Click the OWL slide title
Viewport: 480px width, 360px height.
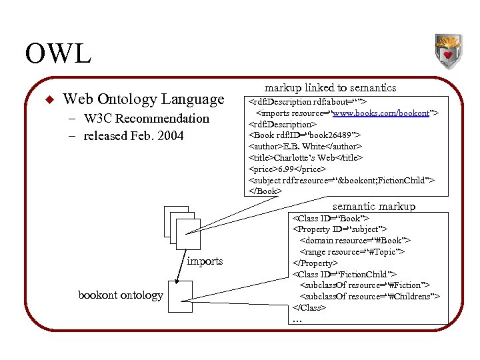click(58, 54)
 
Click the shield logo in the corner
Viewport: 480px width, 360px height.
click(448, 53)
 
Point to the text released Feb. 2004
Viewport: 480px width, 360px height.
click(134, 136)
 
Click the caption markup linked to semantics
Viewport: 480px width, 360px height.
click(330, 87)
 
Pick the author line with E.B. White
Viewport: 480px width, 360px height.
click(305, 146)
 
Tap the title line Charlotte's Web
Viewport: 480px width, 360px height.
click(305, 157)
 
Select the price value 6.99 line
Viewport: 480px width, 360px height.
click(287, 169)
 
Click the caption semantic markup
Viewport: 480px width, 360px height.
click(373, 207)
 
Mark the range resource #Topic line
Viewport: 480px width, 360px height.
click(353, 252)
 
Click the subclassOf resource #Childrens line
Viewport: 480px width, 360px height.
click(369, 297)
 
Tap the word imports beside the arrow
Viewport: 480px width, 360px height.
click(205, 261)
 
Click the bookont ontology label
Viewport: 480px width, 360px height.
click(120, 295)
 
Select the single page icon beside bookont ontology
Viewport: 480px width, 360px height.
click(180, 297)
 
